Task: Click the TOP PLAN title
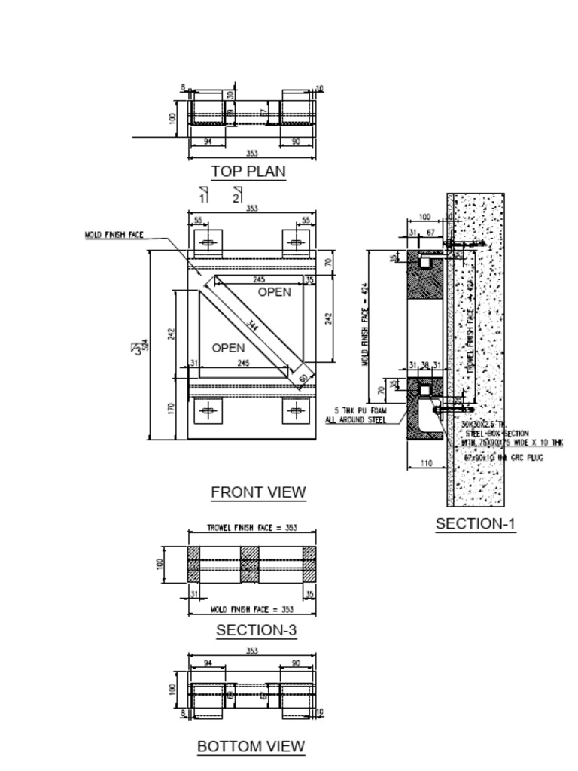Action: (248, 172)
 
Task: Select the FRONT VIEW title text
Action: (258, 492)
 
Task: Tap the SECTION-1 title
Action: (476, 524)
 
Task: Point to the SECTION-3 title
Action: (256, 630)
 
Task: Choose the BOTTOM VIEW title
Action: (251, 746)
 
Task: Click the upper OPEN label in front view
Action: (274, 292)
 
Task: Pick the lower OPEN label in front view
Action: (228, 348)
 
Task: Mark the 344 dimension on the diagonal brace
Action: (253, 326)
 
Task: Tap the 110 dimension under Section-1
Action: (427, 463)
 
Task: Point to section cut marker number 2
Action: (236, 197)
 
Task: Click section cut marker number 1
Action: (202, 197)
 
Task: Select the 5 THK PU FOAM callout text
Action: (356, 415)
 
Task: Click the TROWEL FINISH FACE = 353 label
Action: (251, 528)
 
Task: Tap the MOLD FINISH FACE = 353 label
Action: (251, 609)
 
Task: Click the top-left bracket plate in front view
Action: (208, 242)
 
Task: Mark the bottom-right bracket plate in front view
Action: (296, 410)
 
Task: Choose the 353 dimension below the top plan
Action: (252, 154)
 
